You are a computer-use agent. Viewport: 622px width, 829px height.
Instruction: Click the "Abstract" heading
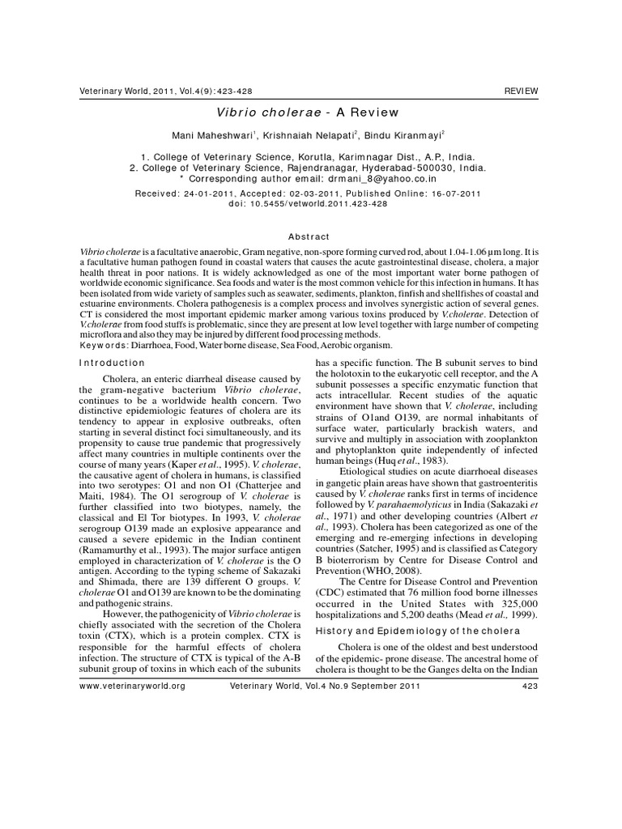311,236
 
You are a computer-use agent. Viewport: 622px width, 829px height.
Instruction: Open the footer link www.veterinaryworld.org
133,687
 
